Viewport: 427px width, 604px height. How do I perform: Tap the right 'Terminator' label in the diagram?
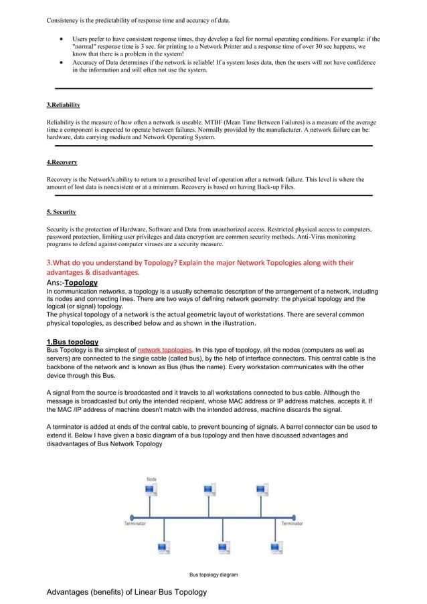tap(292, 523)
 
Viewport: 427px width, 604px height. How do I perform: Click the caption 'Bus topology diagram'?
tap(213, 574)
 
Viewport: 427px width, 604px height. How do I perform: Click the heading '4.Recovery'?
tap(62, 162)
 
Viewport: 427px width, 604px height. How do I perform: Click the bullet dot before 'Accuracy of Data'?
tap(62, 63)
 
